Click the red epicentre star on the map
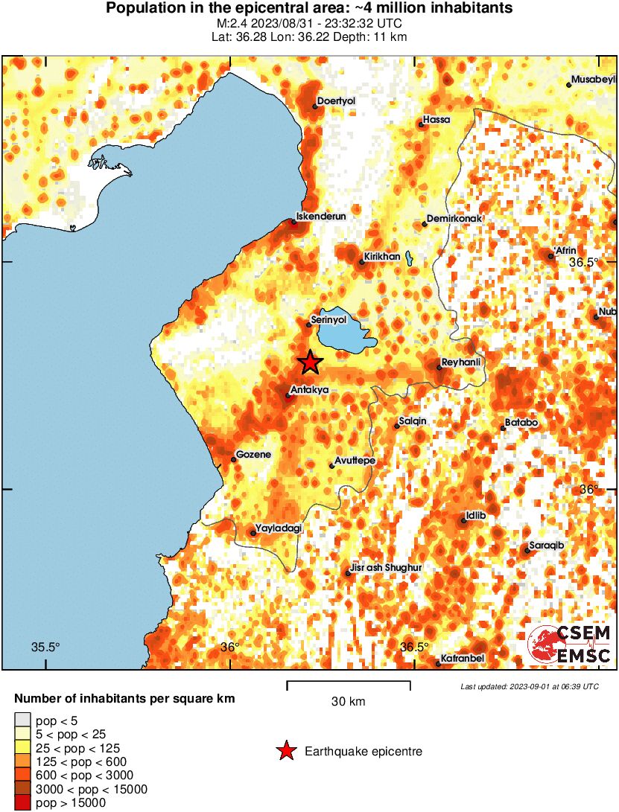[311, 362]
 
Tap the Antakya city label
[309, 389]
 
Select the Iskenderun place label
[321, 217]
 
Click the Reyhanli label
[462, 362]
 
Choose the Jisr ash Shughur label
[386, 568]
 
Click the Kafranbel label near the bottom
[463, 659]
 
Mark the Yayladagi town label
[279, 528]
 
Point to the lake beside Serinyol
[346, 331]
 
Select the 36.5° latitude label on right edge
[584, 262]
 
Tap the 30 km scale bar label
[348, 701]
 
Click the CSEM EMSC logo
[570, 644]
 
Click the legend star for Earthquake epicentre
[286, 751]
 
